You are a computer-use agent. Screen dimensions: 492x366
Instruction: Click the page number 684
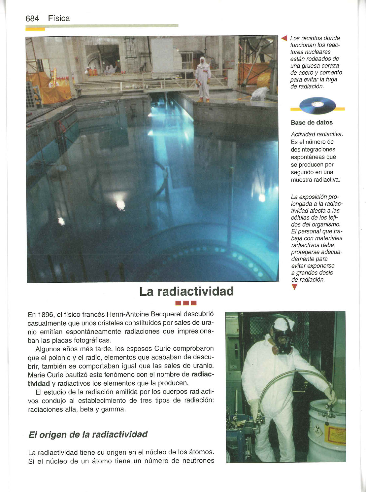pyautogui.click(x=32, y=18)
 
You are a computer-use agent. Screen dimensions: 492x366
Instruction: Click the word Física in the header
pyautogui.click(x=59, y=18)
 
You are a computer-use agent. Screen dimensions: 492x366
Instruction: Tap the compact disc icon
pyautogui.click(x=317, y=106)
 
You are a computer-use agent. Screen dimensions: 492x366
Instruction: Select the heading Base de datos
pyautogui.click(x=312, y=123)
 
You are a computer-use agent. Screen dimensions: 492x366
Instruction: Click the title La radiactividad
pyautogui.click(x=186, y=292)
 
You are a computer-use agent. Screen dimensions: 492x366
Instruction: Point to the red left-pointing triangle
pyautogui.click(x=284, y=38)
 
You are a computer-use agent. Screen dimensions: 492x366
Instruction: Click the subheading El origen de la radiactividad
pyautogui.click(x=88, y=434)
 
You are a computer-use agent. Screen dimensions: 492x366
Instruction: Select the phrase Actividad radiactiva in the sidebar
pyautogui.click(x=317, y=134)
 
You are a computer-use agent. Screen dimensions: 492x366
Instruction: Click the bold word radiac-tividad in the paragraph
pyautogui.click(x=203, y=375)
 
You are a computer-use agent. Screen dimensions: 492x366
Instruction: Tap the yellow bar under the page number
pyautogui.click(x=35, y=29)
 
